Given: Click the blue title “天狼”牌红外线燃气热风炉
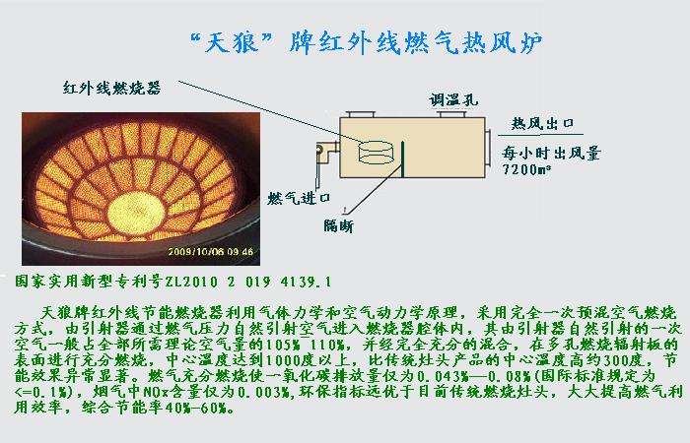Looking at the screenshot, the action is point(366,42).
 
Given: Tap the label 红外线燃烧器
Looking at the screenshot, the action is point(111,88).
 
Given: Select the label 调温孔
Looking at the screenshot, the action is point(453,100).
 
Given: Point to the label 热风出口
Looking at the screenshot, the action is point(542,123).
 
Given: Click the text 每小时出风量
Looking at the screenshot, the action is point(551,153).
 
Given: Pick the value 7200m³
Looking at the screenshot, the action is point(527,169).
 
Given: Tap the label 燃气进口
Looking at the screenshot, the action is point(299,198).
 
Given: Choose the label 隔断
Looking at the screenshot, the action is point(338,225).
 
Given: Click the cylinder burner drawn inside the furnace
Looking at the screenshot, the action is point(376,152).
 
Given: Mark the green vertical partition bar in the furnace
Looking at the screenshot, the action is point(402,159).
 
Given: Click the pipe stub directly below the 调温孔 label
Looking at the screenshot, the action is point(452,115).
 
